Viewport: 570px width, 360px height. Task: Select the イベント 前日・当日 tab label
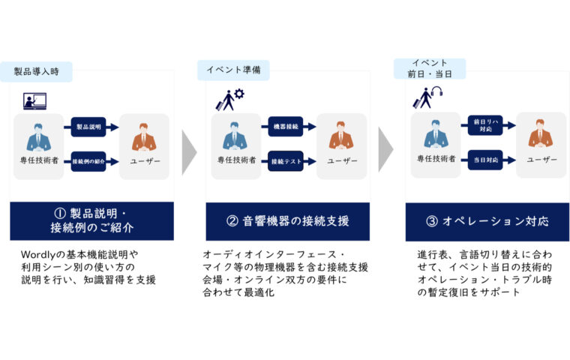tap(429, 68)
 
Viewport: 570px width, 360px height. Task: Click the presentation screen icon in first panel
tap(34, 100)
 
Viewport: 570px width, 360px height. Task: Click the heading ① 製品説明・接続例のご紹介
tap(91, 221)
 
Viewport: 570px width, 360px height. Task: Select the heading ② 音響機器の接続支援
tap(287, 221)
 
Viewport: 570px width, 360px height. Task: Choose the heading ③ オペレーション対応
tap(484, 221)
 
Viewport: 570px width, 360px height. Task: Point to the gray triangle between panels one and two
tap(189, 148)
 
